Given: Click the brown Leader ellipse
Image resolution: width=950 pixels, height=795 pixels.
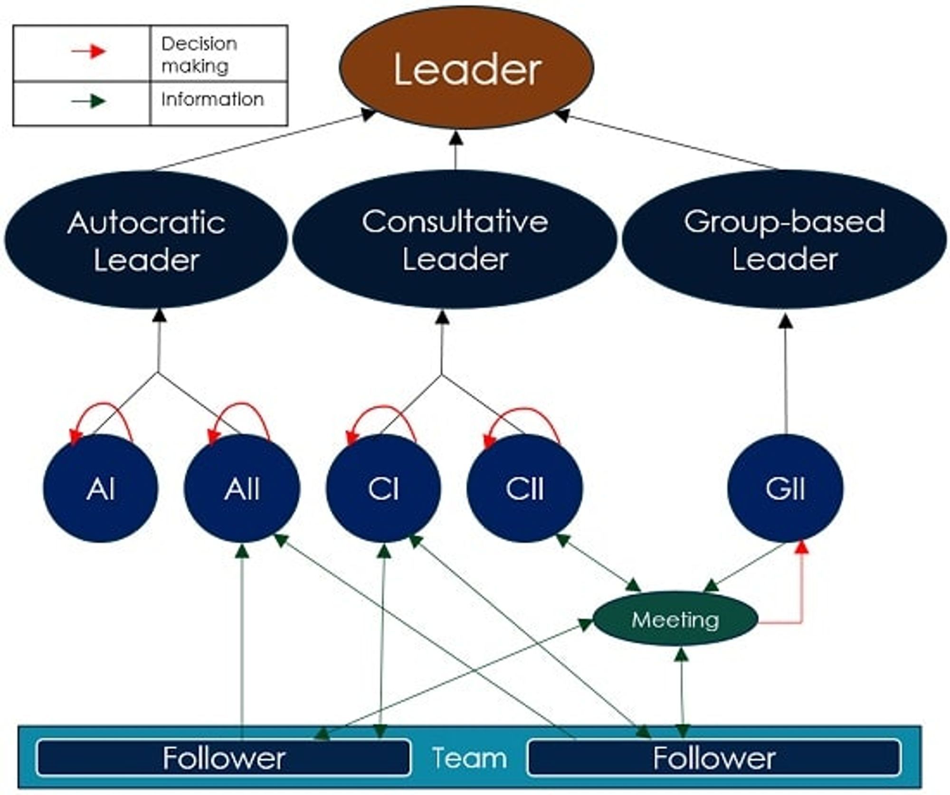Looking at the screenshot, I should [466, 68].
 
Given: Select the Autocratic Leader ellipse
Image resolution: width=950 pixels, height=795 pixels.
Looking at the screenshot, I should [146, 240].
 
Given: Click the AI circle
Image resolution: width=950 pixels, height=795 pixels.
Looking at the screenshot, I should [100, 488].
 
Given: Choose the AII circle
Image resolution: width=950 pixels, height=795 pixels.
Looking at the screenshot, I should [242, 488].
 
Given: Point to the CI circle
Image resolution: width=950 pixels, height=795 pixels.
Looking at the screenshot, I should [383, 488].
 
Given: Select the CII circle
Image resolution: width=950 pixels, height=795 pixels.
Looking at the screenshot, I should [524, 488].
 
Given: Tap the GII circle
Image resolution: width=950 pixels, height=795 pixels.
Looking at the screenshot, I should [785, 488].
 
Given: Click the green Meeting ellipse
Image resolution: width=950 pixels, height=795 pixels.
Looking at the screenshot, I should [675, 619].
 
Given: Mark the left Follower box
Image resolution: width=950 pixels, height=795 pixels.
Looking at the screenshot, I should [223, 757].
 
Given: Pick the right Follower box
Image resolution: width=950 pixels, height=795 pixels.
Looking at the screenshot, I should [714, 757].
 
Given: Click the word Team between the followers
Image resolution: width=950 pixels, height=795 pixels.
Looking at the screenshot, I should [469, 757].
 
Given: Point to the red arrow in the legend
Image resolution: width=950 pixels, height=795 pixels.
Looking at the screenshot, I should [89, 51].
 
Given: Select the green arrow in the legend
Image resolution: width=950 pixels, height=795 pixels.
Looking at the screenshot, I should [89, 101].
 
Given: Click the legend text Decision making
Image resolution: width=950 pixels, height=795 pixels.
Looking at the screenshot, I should [199, 55].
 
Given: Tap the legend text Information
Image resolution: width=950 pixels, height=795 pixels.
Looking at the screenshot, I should [212, 99].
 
